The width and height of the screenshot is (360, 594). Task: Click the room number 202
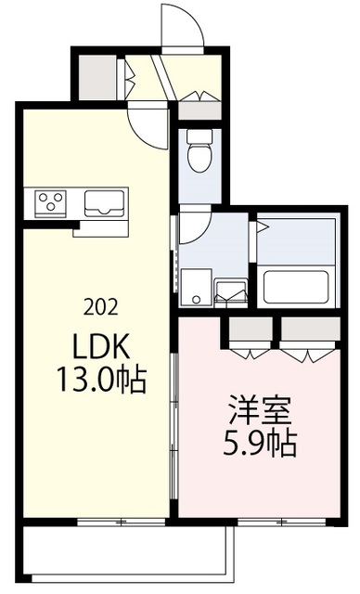(99, 307)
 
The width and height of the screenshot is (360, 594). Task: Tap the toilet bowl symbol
(199, 153)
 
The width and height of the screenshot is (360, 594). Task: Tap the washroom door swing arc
(195, 227)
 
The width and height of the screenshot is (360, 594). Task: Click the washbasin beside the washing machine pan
(230, 291)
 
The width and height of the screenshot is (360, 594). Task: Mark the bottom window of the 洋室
(260, 522)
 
